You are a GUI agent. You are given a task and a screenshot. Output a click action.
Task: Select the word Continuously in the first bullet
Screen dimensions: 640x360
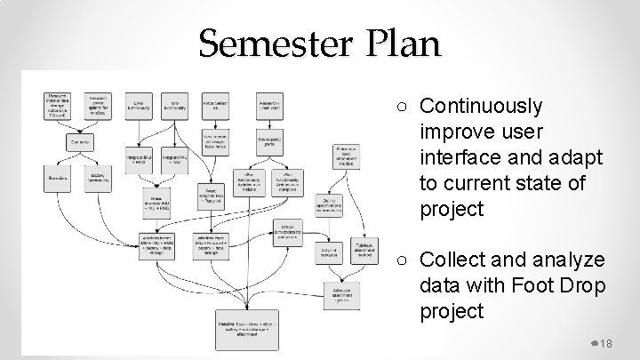pos(481,107)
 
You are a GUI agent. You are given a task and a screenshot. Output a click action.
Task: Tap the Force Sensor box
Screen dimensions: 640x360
pos(216,102)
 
